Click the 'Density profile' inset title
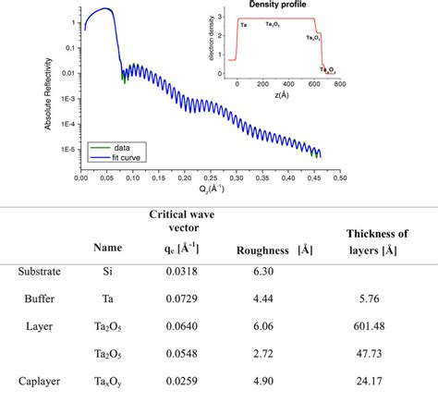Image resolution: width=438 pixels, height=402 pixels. point(288,5)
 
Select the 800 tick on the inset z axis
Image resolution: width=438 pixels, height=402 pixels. point(339,84)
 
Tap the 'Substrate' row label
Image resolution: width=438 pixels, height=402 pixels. point(40,272)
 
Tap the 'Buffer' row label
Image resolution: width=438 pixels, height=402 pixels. point(40,298)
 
